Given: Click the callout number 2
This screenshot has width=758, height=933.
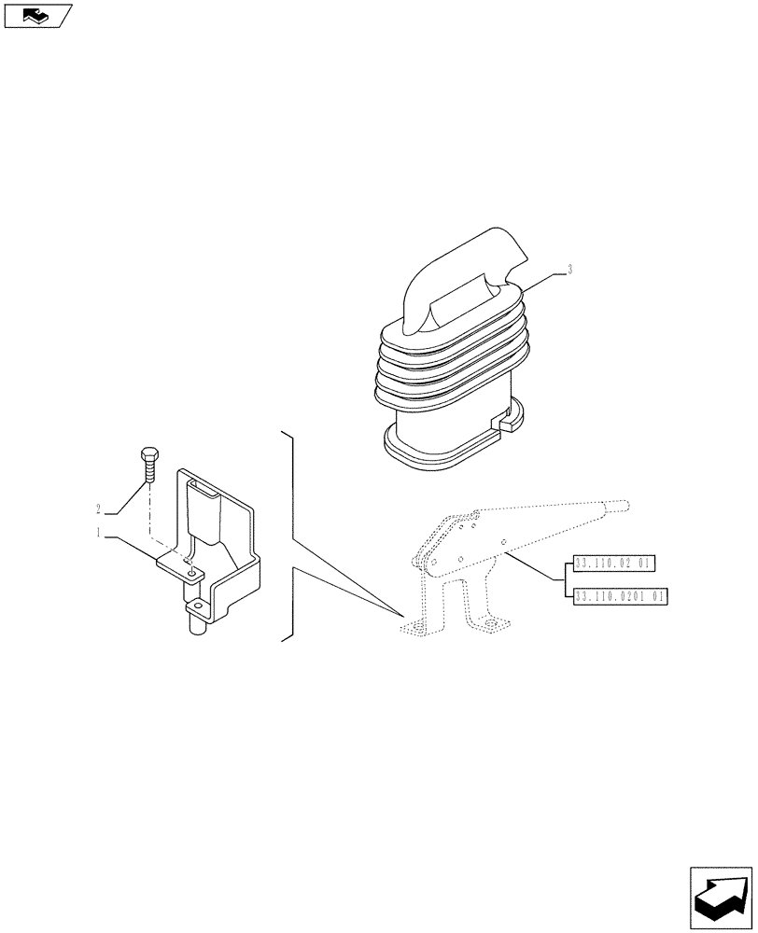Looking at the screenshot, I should point(98,508).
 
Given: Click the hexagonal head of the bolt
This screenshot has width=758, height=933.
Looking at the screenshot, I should point(148,455).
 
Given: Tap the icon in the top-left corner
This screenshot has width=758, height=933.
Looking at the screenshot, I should point(36,16).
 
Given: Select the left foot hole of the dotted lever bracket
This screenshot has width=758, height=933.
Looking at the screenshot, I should point(410,628).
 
